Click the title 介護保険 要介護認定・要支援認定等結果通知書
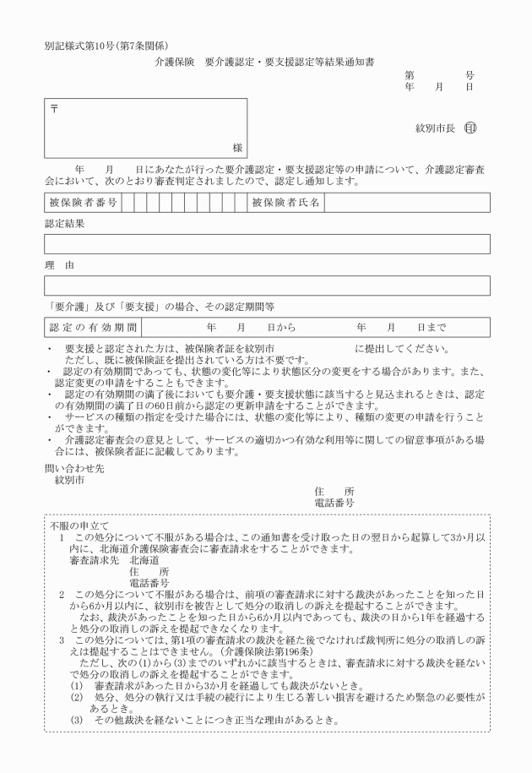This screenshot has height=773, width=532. coord(265,63)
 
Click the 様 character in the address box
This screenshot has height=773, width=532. coord(237,148)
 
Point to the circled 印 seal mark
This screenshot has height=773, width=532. coord(470,128)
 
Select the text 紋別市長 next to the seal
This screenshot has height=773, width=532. coord(435,128)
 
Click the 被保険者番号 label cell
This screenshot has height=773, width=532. coord(83,203)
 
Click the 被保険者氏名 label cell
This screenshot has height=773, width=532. coord(286,203)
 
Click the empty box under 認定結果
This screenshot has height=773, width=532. coord(267,244)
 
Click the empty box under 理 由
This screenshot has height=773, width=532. coord(267,286)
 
